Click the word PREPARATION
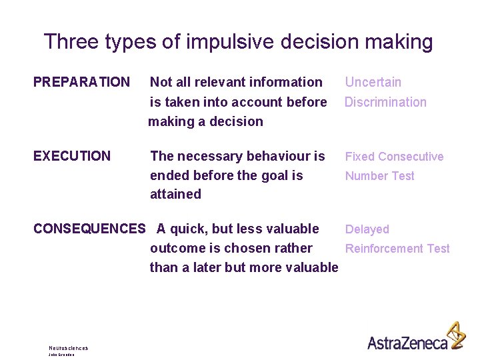(81, 82)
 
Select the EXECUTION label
(72, 156)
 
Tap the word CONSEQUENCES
(89, 229)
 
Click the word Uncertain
(373, 82)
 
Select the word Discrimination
(385, 102)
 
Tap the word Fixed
(359, 157)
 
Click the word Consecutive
(410, 157)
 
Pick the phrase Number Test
(379, 176)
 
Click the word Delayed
(367, 229)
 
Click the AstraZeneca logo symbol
(457, 335)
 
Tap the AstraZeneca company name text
(407, 342)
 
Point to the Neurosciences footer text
(68, 348)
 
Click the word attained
(175, 194)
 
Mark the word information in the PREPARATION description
(286, 82)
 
